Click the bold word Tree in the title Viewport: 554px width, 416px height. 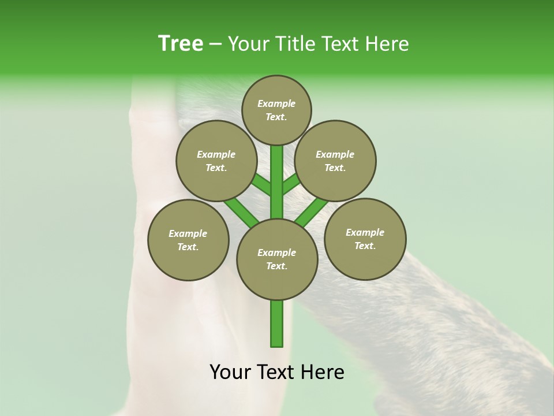click(181, 44)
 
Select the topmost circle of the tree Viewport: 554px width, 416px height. click(276, 110)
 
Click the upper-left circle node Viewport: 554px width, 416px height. click(216, 161)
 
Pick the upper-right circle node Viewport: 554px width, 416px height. click(335, 161)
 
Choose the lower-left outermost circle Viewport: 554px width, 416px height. click(188, 240)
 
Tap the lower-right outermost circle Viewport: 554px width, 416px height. click(365, 239)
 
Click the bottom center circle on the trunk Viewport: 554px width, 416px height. click(277, 259)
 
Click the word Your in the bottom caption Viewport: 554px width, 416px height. click(231, 372)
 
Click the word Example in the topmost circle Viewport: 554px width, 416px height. click(276, 103)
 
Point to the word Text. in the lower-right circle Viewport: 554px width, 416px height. click(365, 246)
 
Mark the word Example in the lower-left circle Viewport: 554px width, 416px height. click(188, 233)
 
